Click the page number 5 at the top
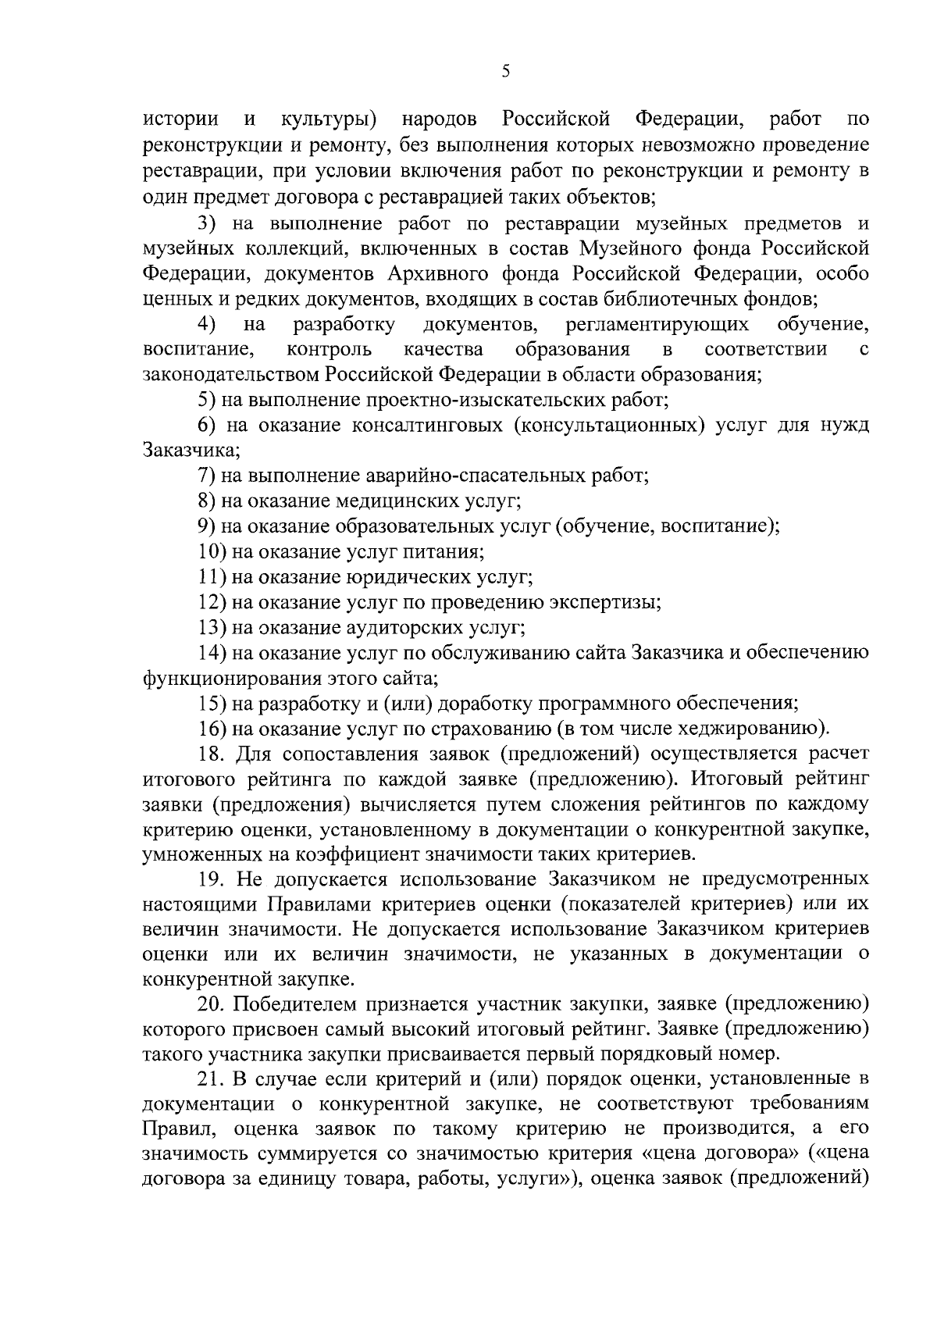pos(505,72)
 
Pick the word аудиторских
pos(402,628)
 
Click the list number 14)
pos(212,653)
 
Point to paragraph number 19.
pos(211,879)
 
